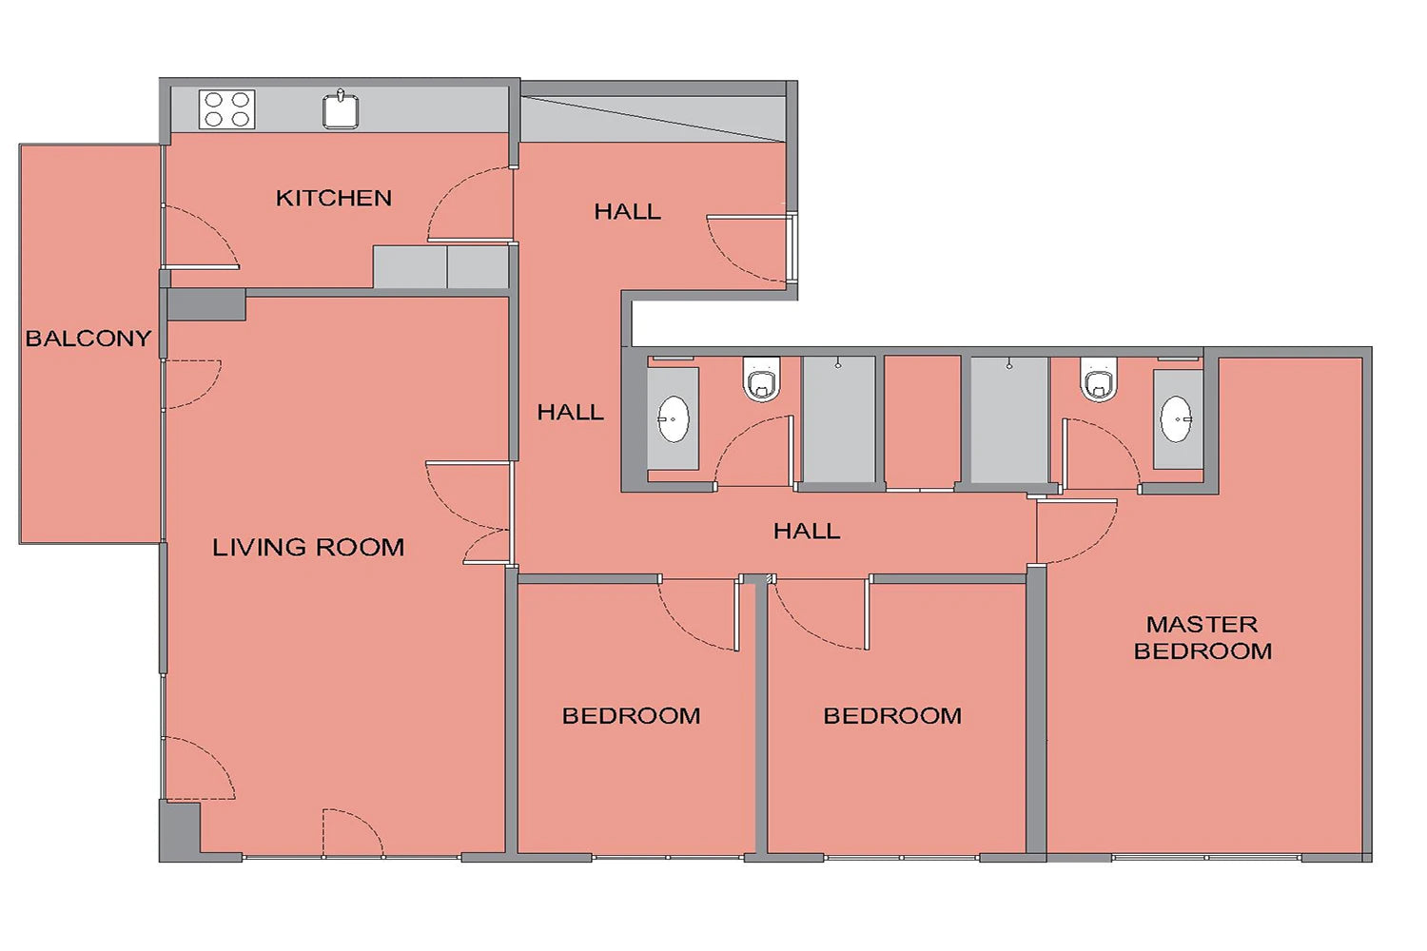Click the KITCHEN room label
[333, 198]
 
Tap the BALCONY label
[88, 339]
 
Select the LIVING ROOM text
[308, 547]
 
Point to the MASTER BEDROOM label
[1202, 637]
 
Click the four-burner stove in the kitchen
[226, 109]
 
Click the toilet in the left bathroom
[762, 378]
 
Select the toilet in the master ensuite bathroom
[1098, 378]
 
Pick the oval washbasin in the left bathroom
[674, 419]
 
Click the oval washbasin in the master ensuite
[1176, 419]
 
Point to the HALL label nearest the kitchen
[628, 211]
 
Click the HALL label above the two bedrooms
[807, 531]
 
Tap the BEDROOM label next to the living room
[631, 716]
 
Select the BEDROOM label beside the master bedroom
[892, 716]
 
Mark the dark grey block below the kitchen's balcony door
[206, 304]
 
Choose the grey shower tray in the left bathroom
[838, 419]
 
